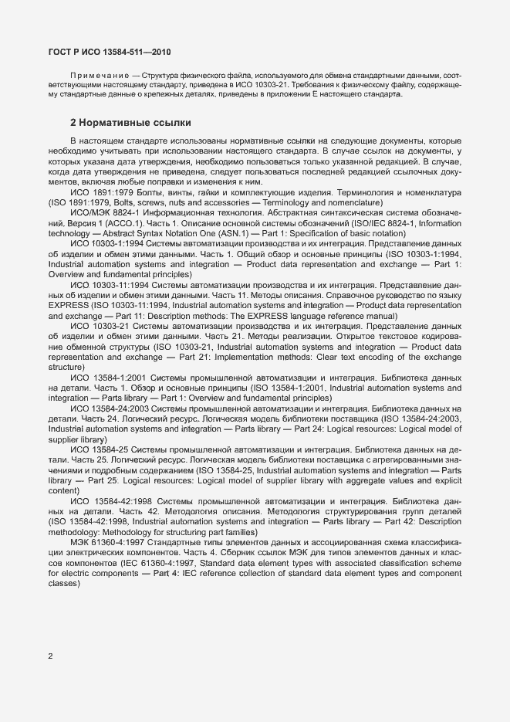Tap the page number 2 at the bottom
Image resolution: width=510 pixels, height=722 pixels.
coord(50,656)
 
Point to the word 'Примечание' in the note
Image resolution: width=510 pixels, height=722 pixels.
coord(93,75)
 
